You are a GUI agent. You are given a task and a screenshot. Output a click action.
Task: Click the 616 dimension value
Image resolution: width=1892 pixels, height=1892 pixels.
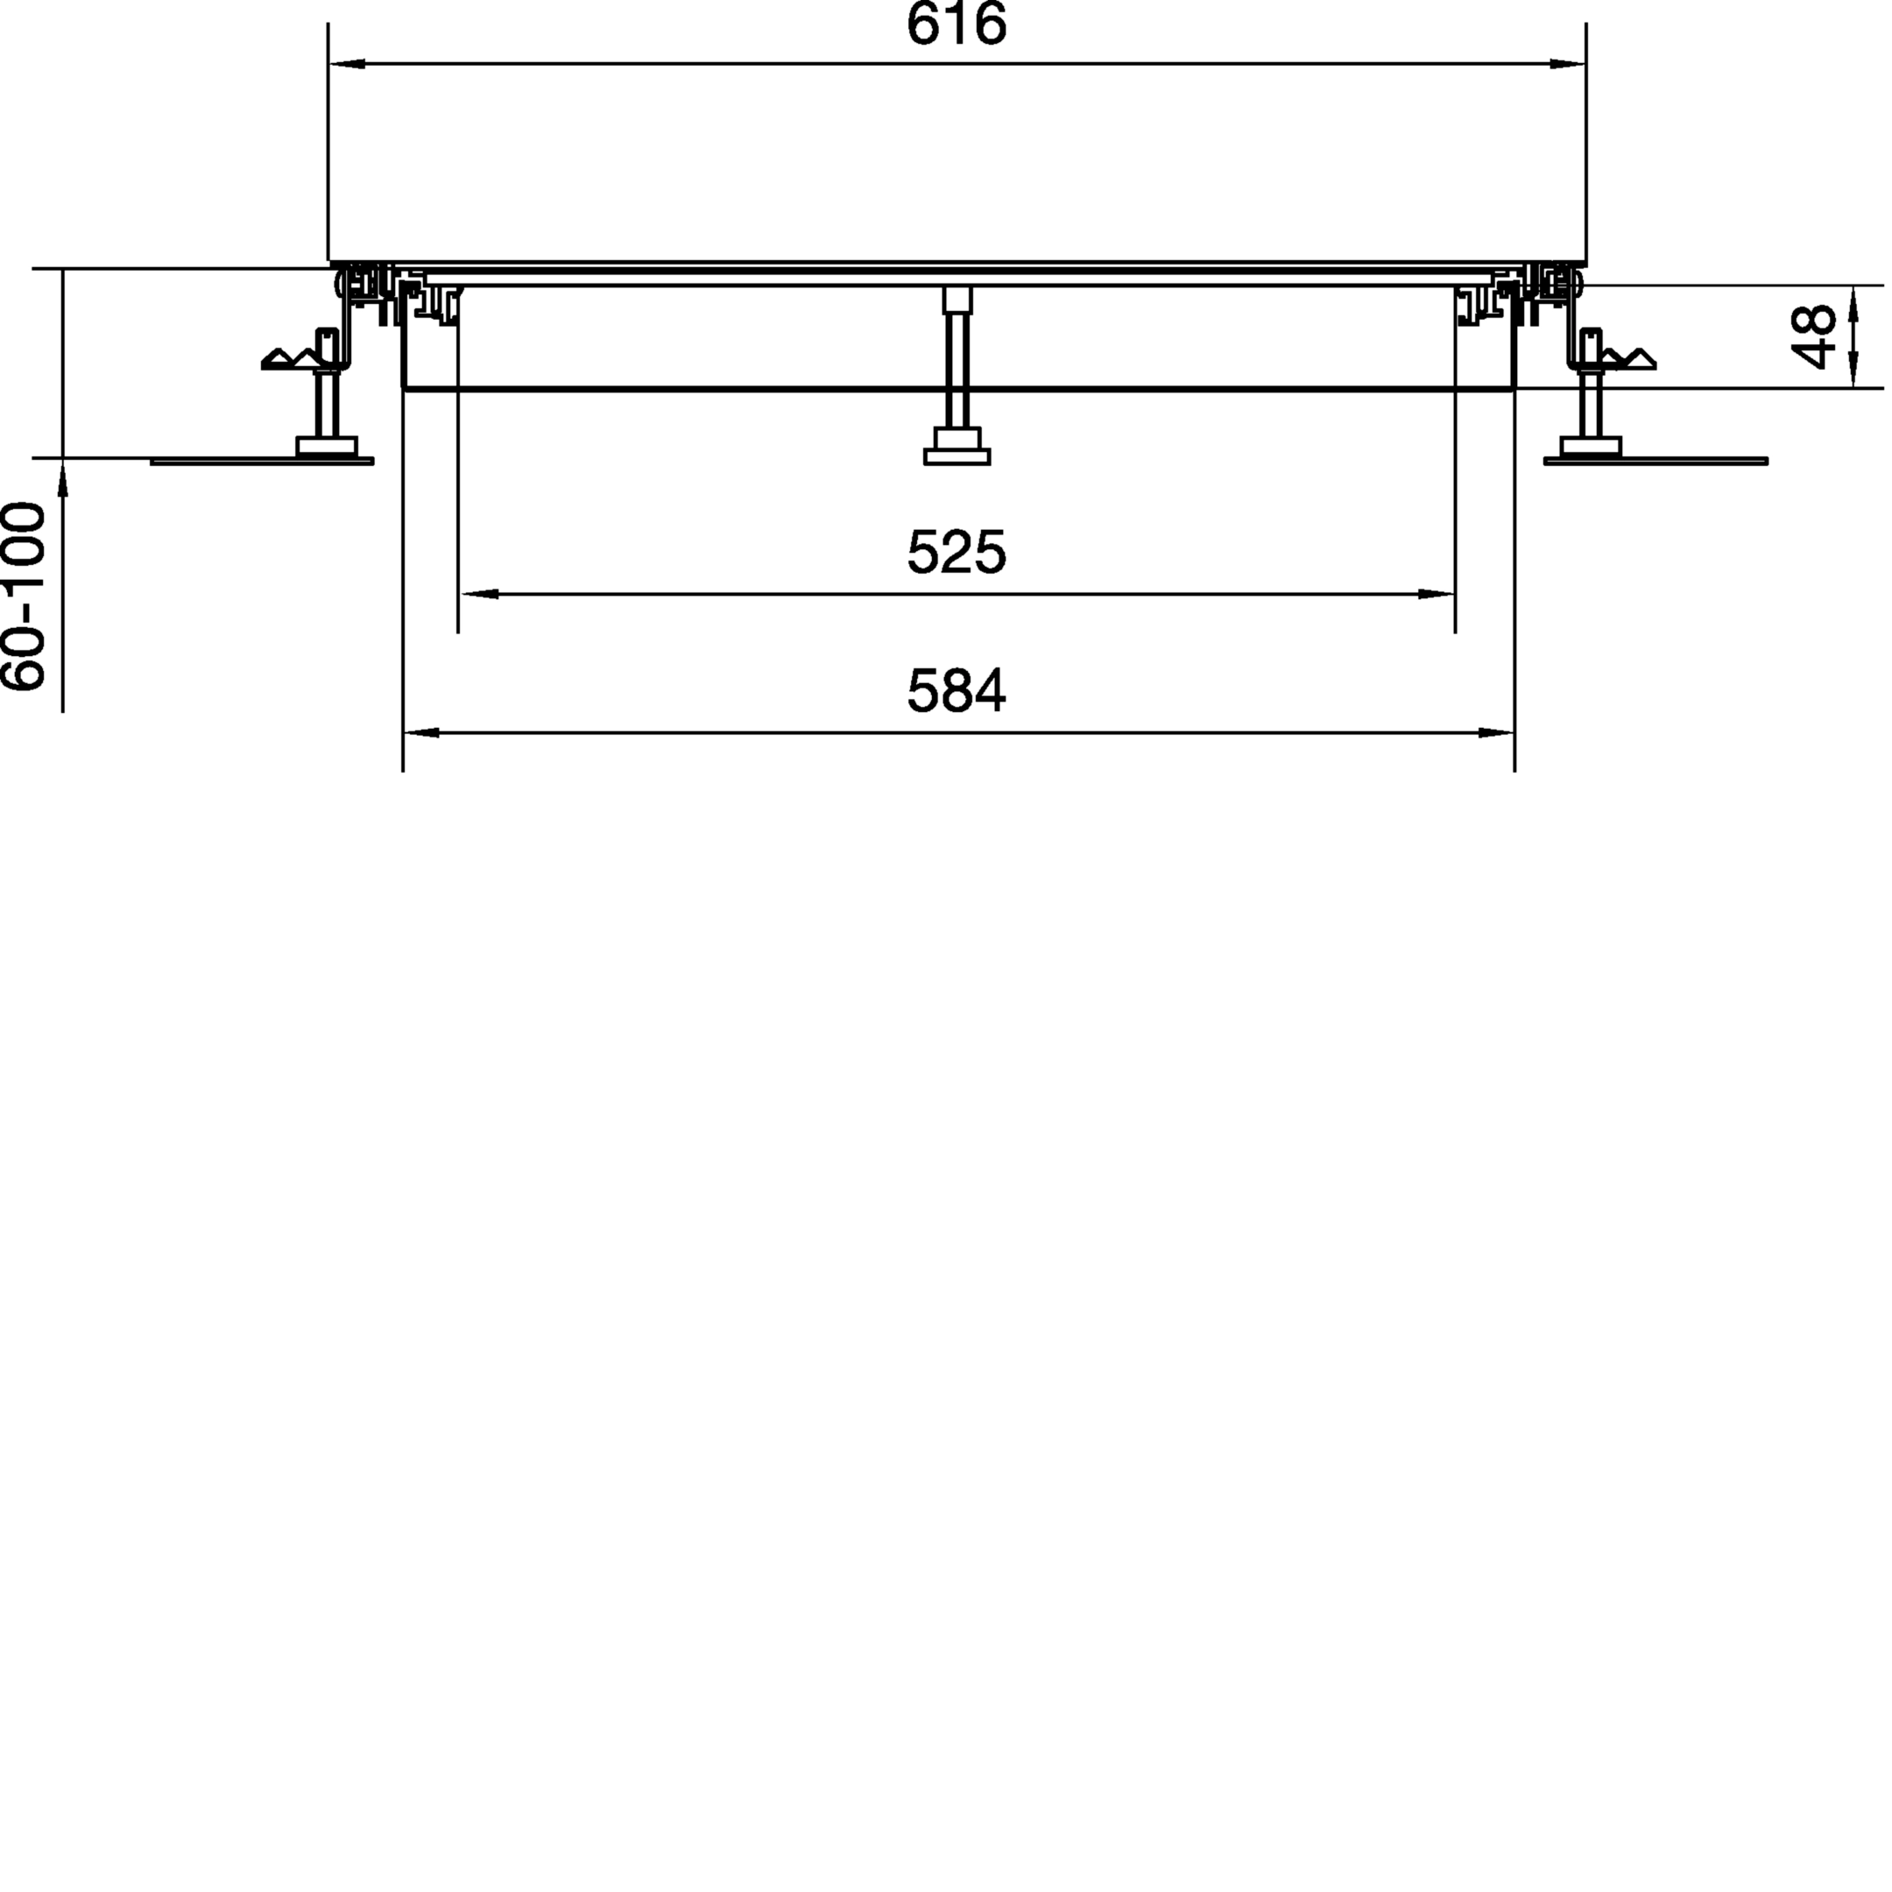tap(956, 25)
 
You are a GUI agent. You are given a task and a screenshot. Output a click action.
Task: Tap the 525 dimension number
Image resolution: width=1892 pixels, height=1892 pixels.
tap(956, 554)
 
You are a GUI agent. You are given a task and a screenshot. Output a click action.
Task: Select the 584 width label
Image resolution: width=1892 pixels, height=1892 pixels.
tap(956, 691)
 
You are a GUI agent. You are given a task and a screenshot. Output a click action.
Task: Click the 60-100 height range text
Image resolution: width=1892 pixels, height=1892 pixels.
tap(24, 597)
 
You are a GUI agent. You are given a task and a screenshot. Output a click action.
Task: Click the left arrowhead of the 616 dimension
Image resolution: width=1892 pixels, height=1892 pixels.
tap(348, 64)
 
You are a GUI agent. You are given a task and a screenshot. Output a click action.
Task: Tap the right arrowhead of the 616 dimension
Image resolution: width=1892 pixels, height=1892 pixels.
tap(1567, 64)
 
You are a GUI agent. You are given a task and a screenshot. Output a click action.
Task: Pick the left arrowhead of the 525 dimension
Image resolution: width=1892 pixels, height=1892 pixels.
tap(479, 594)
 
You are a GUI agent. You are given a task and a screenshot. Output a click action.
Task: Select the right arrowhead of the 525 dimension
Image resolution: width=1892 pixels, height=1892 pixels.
tap(1436, 594)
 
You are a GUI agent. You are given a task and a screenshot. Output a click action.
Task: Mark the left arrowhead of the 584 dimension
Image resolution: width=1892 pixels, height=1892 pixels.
tap(422, 731)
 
